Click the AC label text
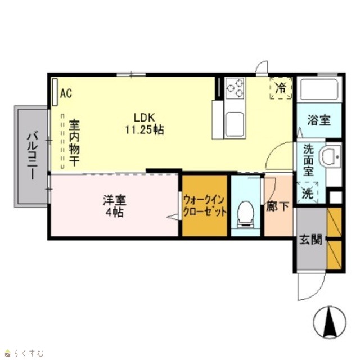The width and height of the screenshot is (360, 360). (66, 93)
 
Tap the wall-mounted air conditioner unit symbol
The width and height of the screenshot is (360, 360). (55, 92)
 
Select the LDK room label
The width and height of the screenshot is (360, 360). (145, 118)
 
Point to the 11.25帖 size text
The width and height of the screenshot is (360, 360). (145, 130)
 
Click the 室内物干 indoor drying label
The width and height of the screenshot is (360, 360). (74, 142)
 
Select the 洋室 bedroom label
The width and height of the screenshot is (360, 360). (115, 200)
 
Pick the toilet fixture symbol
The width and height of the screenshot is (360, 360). (246, 215)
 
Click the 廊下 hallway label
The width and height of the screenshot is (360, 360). (278, 206)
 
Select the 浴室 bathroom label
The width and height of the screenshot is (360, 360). (319, 120)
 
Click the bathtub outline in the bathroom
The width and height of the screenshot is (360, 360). (319, 89)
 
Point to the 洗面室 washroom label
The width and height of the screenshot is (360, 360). (308, 160)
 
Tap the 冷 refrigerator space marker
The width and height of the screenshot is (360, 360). (281, 88)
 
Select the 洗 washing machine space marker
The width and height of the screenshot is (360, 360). (308, 193)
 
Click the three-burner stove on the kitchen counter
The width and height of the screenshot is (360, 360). (235, 88)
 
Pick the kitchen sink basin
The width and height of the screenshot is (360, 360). (234, 125)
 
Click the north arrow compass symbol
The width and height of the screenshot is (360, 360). (330, 322)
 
